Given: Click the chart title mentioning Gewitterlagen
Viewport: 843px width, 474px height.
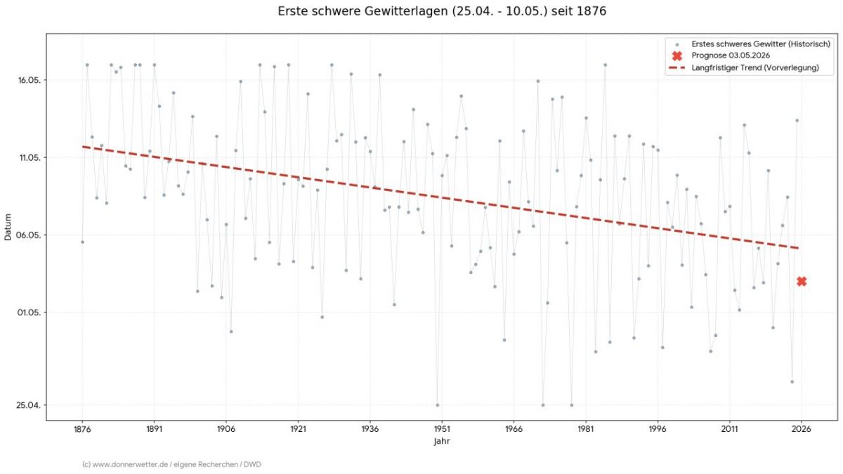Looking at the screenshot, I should coord(442,11).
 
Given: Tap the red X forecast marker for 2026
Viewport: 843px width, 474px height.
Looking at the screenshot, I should coord(802,282).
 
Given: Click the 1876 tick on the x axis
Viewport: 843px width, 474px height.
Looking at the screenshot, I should coord(82,428).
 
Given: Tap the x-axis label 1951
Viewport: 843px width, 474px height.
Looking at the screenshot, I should coord(442,428).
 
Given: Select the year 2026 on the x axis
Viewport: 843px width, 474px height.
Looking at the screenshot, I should coord(802,428).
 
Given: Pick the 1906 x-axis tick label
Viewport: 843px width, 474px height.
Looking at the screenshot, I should coord(226,428).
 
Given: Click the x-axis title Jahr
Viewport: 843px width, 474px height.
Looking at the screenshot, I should coord(442,442).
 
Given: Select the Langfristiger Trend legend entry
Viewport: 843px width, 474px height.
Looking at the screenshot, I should coord(755,67).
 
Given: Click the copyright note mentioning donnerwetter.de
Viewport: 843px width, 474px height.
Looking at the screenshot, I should coord(171,464).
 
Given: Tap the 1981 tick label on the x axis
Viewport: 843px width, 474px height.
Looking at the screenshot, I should coord(586,428).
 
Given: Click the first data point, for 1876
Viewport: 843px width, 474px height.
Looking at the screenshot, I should coord(82,242).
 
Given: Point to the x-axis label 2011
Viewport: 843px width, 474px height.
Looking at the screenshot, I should coord(730,428).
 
